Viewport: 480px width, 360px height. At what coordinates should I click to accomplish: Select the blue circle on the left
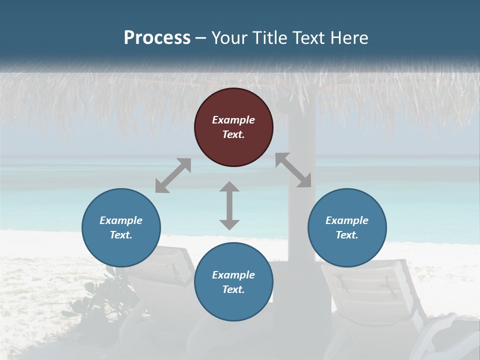coord(121,227)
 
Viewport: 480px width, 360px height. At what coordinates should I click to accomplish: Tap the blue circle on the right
coord(347,227)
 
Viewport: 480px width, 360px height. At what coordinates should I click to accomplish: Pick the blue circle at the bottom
coord(233,282)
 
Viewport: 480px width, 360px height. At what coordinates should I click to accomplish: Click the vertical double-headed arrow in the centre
coord(229,205)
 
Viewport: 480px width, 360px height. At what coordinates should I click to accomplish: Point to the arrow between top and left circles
coord(173,175)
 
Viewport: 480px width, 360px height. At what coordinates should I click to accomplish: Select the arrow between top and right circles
coord(293,170)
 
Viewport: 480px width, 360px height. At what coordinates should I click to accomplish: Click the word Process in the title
coord(157,38)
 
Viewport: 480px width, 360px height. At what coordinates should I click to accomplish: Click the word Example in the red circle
coord(233,120)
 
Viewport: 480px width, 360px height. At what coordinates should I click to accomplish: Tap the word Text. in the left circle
coord(121,235)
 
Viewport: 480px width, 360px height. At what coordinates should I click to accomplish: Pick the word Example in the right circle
coord(347,220)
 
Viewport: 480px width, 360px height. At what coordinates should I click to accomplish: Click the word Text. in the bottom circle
coord(233,289)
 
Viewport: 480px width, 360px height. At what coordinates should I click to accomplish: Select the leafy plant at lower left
coord(100,295)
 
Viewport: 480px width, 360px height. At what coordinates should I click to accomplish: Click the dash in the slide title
coord(201,38)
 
